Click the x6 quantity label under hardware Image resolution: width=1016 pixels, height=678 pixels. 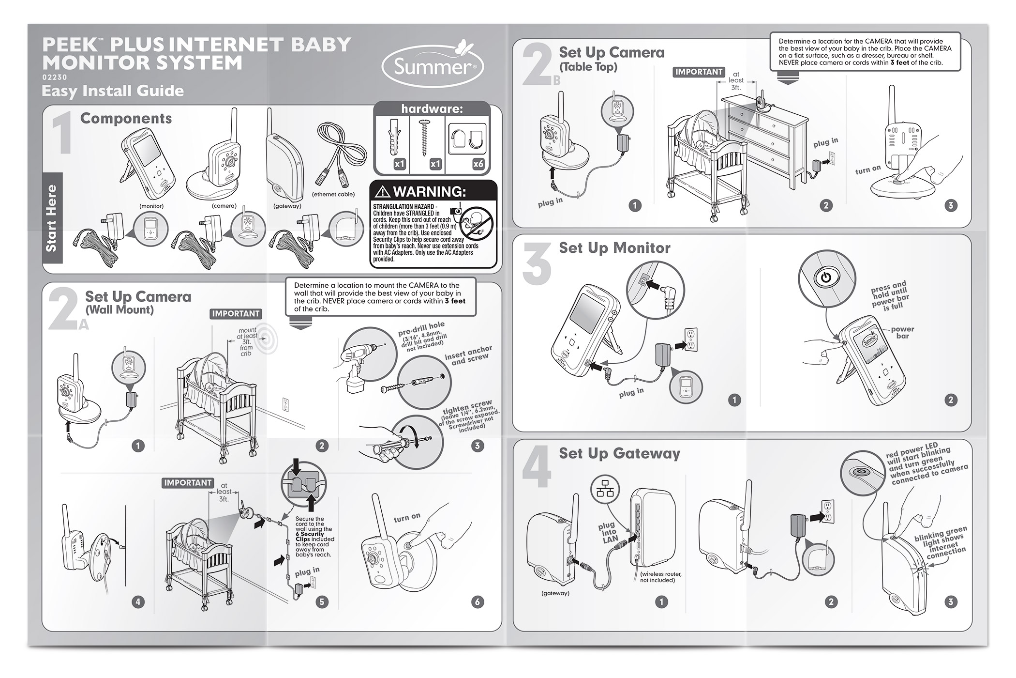(478, 164)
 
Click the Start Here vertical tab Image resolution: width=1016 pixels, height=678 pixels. (52, 218)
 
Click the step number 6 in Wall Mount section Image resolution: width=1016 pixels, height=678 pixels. (478, 602)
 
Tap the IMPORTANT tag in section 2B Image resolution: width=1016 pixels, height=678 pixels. (698, 72)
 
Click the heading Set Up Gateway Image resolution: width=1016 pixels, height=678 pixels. (619, 454)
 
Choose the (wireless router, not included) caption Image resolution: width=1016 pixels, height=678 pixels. (660, 577)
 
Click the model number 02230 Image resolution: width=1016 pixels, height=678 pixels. (54, 77)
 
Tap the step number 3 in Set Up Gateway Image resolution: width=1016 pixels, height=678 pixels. (950, 602)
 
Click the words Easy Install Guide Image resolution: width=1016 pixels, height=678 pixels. (113, 91)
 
